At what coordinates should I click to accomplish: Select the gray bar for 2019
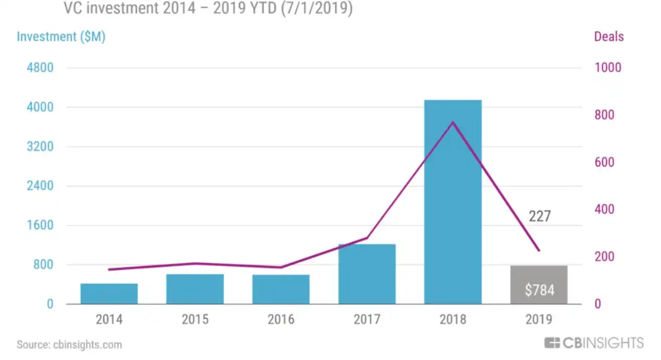539,285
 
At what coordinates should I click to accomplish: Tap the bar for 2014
109,293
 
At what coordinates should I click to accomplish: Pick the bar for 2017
367,274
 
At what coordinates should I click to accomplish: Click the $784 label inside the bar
539,290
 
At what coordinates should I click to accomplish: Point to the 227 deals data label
539,216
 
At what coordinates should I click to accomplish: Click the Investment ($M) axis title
61,37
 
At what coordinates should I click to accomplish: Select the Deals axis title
608,37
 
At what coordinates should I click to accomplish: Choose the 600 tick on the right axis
604,162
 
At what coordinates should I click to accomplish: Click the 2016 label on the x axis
281,319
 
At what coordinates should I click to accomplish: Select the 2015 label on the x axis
195,319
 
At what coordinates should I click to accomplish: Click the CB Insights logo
594,343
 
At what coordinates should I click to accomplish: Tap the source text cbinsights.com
69,344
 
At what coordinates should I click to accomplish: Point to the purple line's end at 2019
539,250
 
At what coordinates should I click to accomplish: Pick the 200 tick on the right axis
604,257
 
